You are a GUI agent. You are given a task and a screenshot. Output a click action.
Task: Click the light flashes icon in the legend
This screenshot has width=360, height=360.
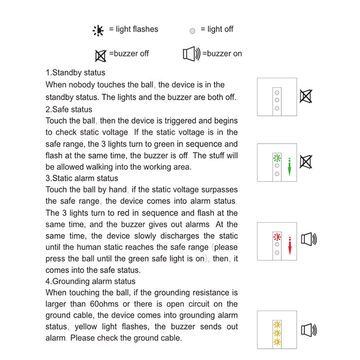click(98, 30)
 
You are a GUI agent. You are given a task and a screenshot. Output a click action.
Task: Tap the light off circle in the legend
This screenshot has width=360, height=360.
click(192, 31)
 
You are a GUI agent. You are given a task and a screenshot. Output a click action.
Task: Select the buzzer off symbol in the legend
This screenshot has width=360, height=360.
click(101, 55)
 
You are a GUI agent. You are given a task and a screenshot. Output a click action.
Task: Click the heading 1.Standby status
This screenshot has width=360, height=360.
click(76, 73)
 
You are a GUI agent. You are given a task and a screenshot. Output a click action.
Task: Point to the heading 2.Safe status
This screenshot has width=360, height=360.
click(69, 109)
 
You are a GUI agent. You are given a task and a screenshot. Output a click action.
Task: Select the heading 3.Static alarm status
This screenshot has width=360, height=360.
click(82, 178)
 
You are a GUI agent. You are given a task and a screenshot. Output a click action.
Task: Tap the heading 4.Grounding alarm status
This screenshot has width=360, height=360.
click(91, 281)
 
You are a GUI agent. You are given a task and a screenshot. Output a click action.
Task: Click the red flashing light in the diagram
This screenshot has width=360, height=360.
click(277, 237)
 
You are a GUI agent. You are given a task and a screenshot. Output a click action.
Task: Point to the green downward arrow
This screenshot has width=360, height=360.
click(290, 168)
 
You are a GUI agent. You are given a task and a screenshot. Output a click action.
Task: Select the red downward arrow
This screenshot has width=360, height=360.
click(290, 245)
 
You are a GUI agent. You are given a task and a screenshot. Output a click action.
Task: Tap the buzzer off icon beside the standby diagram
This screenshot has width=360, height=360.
click(306, 96)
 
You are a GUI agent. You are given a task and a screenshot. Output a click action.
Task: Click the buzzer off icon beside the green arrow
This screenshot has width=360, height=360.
click(305, 162)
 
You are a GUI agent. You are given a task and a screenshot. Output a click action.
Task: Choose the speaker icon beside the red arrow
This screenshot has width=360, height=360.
click(308, 239)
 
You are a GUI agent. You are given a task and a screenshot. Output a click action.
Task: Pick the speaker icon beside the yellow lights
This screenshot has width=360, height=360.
click(308, 330)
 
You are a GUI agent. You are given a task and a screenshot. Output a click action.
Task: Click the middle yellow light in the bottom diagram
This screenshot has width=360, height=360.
click(277, 333)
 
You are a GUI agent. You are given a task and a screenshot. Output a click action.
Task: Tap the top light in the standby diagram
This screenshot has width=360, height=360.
click(277, 91)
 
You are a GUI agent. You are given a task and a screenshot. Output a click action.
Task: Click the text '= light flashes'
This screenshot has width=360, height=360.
click(133, 29)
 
